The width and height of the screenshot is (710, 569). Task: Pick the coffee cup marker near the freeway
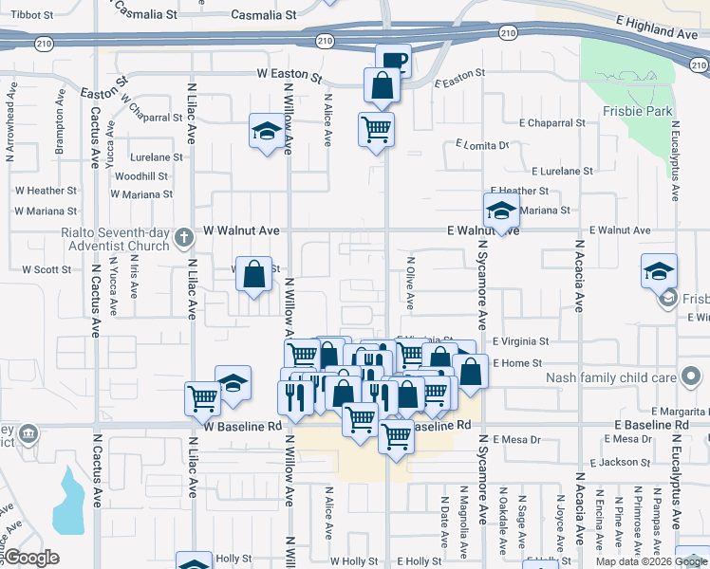393,61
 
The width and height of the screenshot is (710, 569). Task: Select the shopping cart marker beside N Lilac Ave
203,398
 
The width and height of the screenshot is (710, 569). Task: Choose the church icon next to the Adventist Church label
186,245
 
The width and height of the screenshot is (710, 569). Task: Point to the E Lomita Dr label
482,145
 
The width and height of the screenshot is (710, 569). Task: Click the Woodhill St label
141,176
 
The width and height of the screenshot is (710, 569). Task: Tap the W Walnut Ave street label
242,230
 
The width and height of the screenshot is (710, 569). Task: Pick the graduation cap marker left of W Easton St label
267,131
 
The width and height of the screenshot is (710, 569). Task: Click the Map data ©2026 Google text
650,561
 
